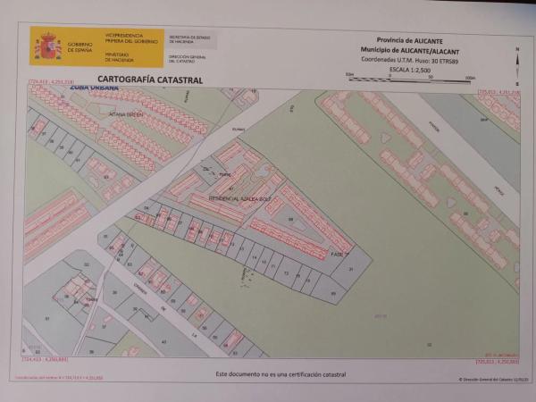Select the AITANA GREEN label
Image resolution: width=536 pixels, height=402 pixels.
point(126,114)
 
